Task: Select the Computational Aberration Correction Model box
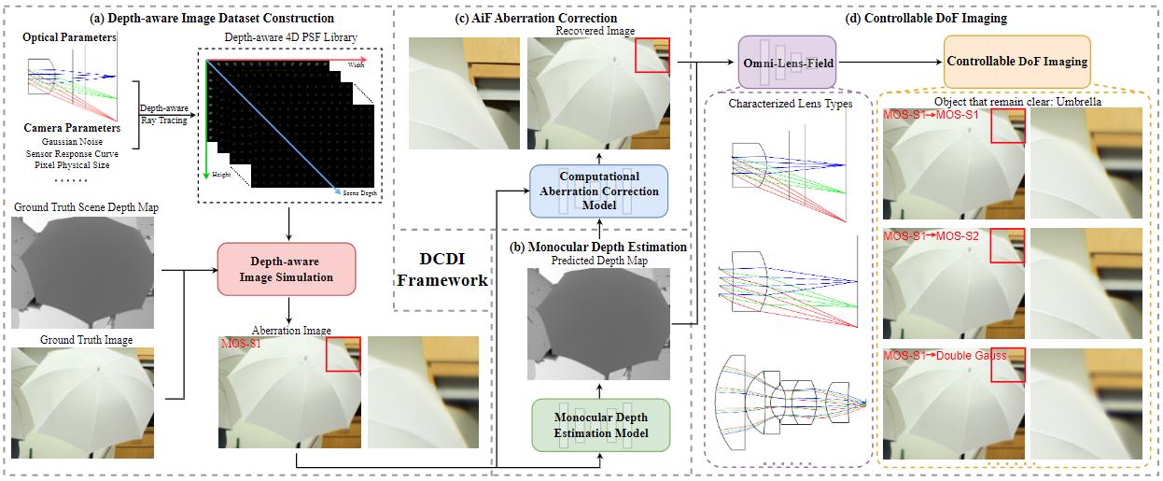598,191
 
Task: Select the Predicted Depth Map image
599,324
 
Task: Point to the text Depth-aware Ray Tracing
162,114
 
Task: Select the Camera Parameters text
71,127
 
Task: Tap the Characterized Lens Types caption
790,104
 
